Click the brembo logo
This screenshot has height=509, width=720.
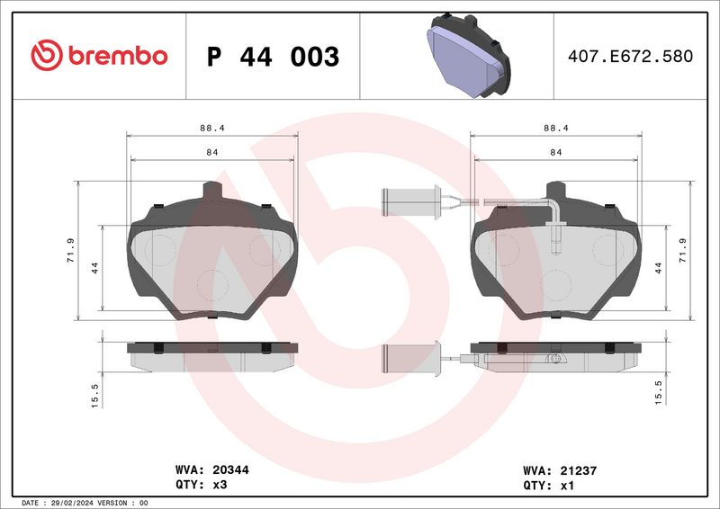pos(99,55)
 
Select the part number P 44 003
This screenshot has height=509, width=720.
pos(273,57)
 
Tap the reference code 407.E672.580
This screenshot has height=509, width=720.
pos(631,56)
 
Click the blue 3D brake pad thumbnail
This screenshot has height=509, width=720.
pos(468,56)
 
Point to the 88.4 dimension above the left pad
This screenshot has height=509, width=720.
pos(212,128)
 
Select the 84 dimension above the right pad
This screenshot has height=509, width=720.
pos(555,152)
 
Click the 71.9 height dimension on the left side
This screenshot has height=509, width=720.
pos(71,250)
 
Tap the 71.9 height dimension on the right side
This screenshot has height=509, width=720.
pos(683,250)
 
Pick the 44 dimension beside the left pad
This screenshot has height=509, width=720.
pos(94,268)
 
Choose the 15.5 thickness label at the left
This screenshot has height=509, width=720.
pos(94,396)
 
